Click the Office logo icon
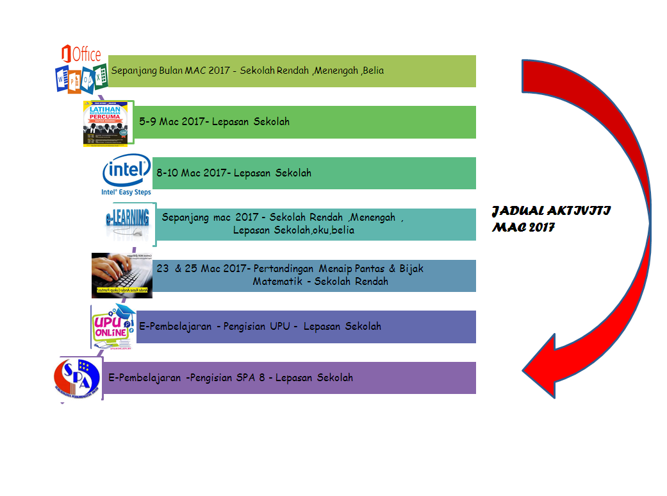click(80, 69)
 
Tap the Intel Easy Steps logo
click(126, 174)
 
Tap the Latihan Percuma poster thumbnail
click(107, 123)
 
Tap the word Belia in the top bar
click(373, 71)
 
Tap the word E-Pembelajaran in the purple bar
click(145, 377)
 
